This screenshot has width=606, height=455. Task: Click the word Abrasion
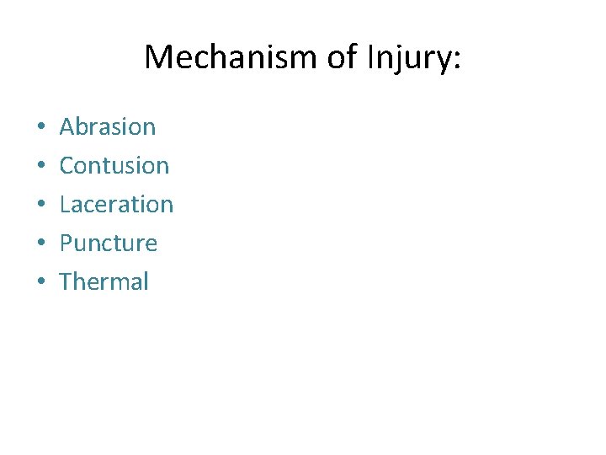click(x=108, y=127)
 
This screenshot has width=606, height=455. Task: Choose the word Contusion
click(x=114, y=166)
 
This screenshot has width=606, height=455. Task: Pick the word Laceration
click(x=116, y=205)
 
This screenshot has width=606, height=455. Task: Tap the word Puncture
click(x=109, y=244)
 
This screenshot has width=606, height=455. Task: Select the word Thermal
click(x=104, y=281)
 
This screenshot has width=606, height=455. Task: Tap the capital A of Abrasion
click(x=67, y=127)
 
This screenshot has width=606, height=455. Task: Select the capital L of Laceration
click(x=65, y=205)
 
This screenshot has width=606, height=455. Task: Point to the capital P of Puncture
click(x=66, y=244)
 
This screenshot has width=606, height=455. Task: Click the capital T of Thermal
click(x=66, y=281)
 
